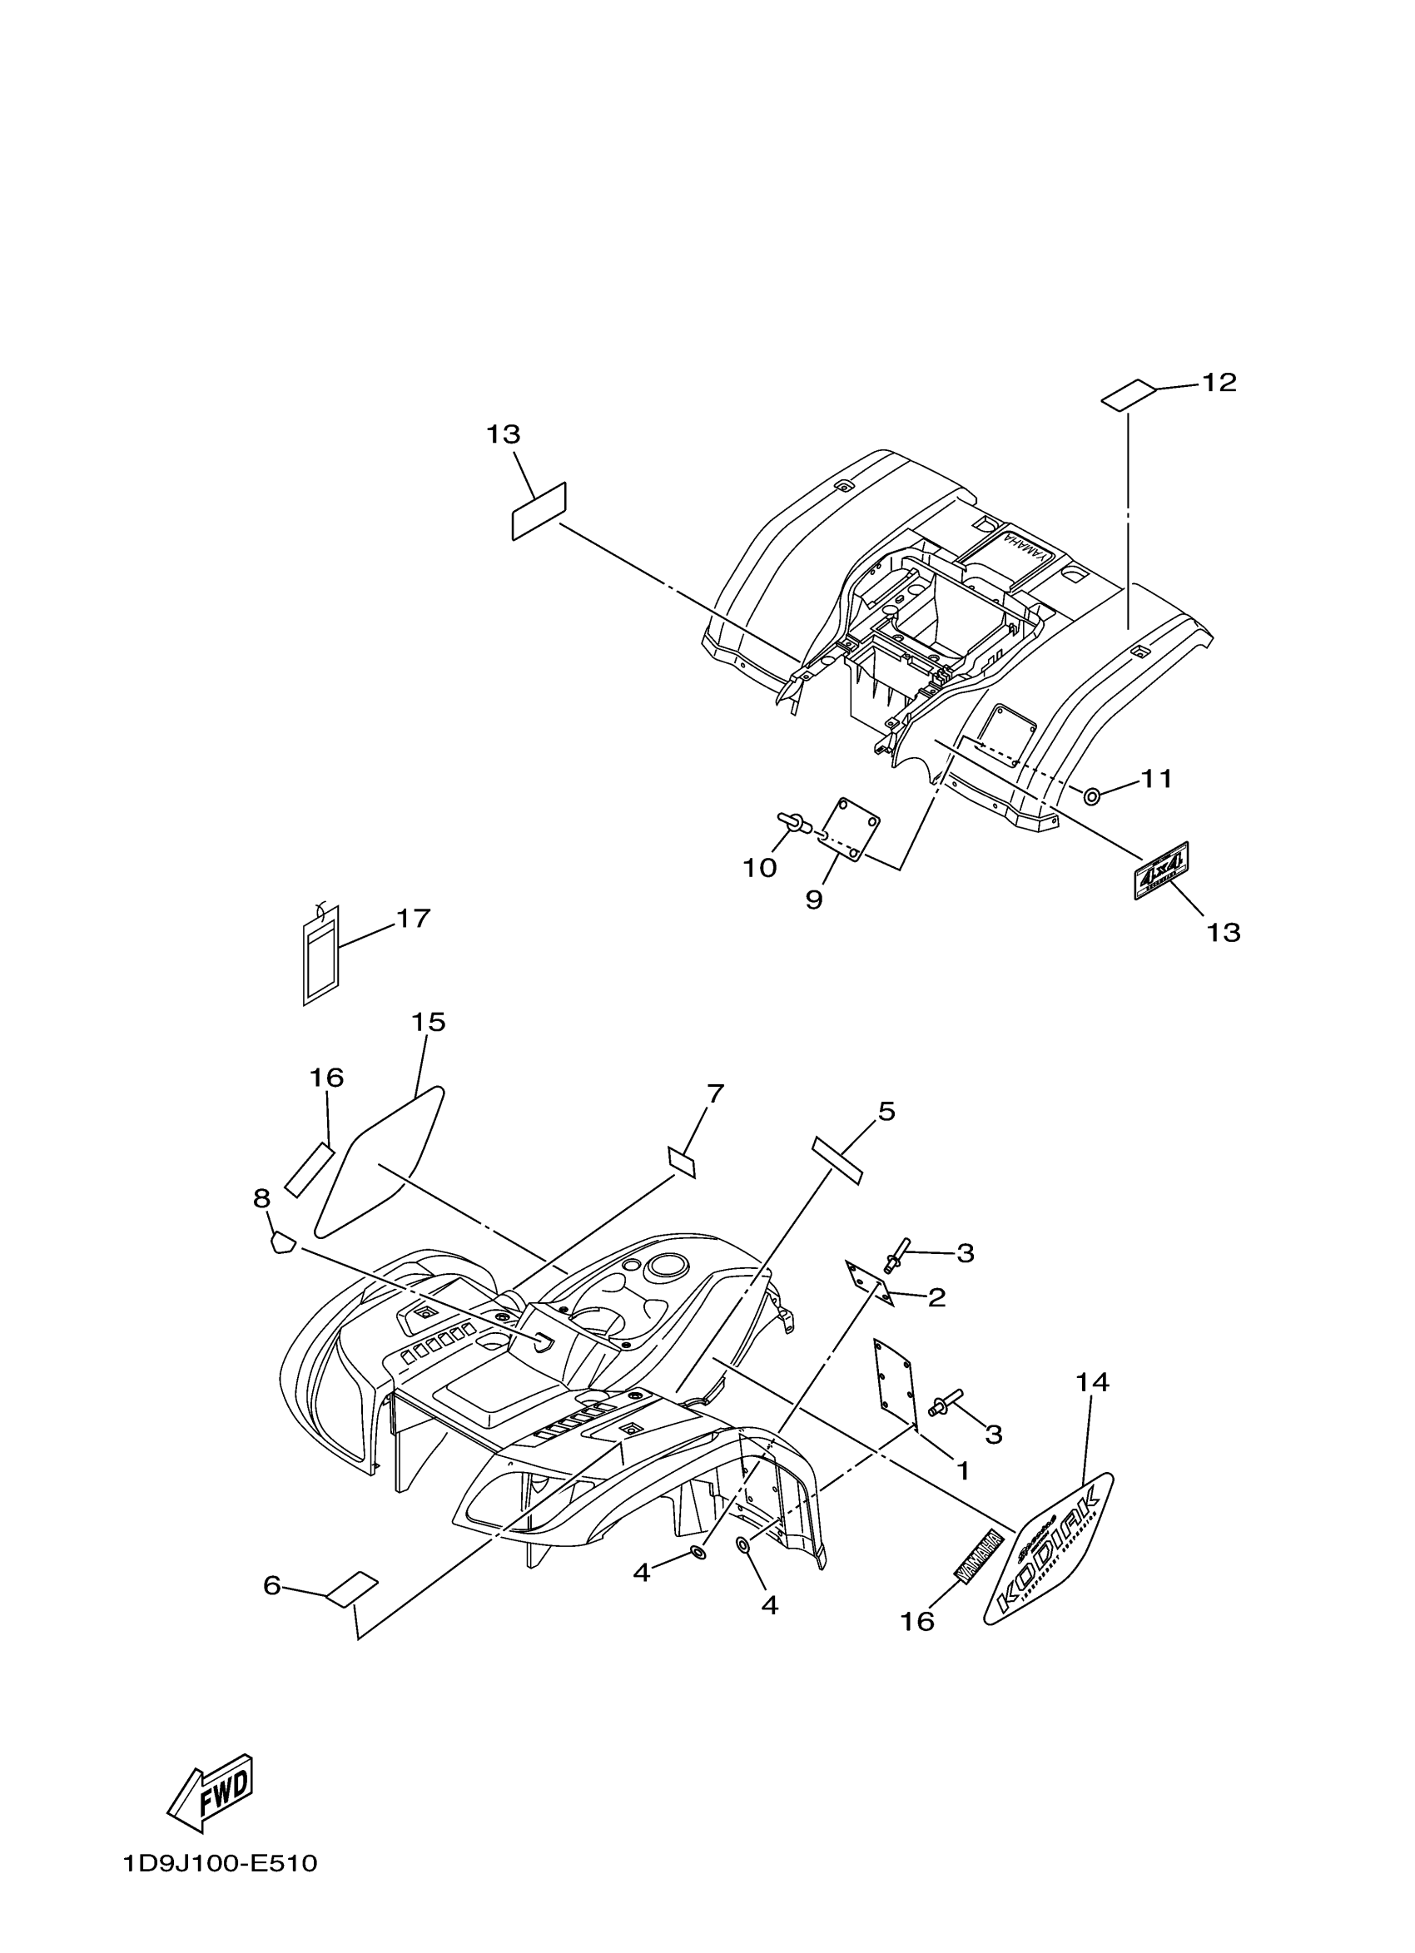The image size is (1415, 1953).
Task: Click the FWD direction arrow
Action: tap(211, 1793)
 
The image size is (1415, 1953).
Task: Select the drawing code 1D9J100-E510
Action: tap(220, 1887)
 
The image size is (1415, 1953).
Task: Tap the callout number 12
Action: tap(1219, 382)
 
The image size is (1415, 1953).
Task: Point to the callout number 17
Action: tap(413, 919)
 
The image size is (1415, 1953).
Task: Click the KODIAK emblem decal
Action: tap(1049, 1560)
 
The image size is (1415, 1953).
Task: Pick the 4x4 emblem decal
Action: tap(1161, 870)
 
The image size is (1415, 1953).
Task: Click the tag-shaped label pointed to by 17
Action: tap(321, 955)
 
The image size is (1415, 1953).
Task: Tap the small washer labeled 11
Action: tap(1091, 796)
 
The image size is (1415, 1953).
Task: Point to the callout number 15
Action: tap(428, 1022)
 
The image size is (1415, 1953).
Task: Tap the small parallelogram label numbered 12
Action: tap(1128, 394)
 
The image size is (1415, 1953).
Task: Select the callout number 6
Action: tap(272, 1584)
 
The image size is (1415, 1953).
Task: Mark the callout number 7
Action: tap(715, 1093)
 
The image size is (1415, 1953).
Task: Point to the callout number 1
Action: tap(963, 1470)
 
